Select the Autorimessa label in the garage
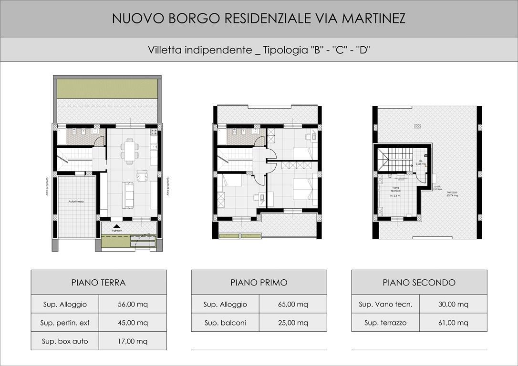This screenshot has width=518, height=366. [x=76, y=202]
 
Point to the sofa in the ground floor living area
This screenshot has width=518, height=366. [x=128, y=195]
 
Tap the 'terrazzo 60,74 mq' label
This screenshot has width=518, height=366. [x=452, y=193]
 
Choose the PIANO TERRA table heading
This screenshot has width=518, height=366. [x=99, y=283]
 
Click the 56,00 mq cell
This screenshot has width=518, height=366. [x=133, y=304]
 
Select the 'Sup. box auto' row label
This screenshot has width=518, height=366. [x=65, y=341]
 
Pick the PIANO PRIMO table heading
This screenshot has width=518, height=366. [x=259, y=283]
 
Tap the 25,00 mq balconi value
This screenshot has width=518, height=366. [x=293, y=323]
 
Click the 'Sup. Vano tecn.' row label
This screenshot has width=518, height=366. [x=385, y=304]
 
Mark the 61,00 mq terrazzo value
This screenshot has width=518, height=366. [x=453, y=323]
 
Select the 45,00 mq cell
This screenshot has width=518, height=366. [x=133, y=323]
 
